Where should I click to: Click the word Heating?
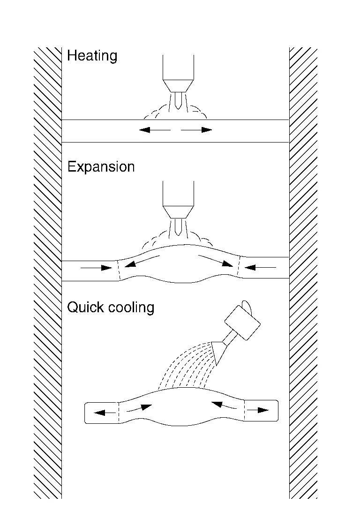pos(92,56)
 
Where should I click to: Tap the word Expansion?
pos(101,167)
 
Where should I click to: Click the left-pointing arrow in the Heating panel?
pos(154,130)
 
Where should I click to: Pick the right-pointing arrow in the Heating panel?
pos(197,130)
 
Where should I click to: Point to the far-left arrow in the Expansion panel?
pos(97,268)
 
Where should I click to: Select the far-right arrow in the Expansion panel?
pos(260,268)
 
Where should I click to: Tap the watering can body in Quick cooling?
pos(242,323)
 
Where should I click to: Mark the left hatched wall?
pos(47,272)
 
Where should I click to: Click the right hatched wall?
pos(303,272)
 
